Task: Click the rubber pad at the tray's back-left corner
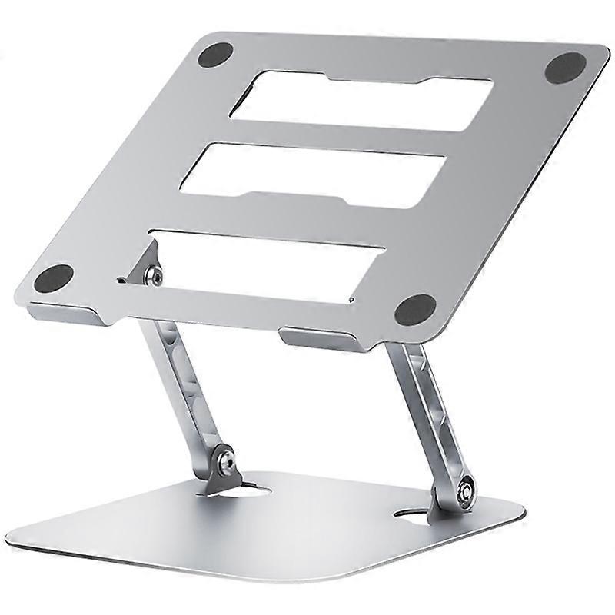[215, 55]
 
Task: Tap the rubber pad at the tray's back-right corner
[566, 68]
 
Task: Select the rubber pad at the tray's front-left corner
[54, 277]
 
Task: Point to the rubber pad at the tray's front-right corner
[415, 309]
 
